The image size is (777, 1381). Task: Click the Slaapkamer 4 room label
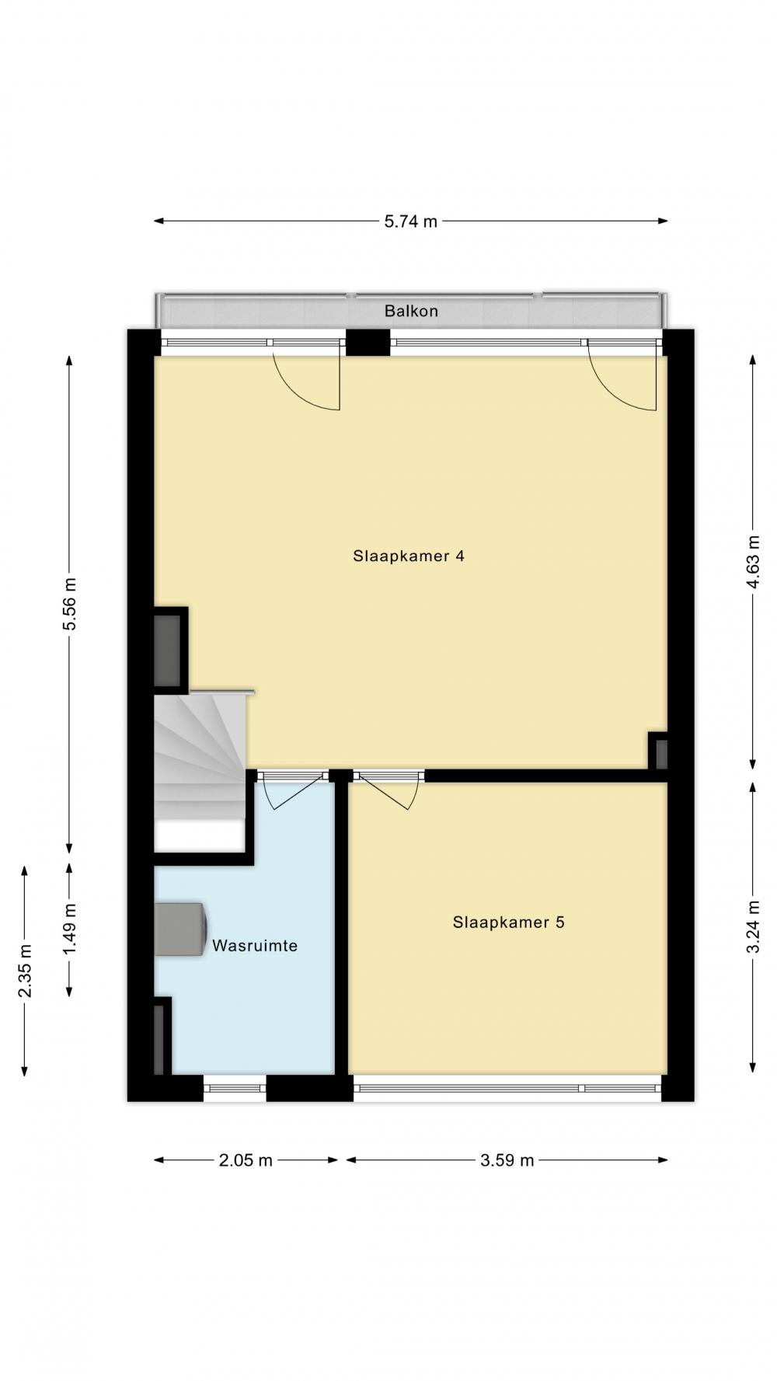click(x=409, y=556)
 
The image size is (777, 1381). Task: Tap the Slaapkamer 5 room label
click(x=508, y=922)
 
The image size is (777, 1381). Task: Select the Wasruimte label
click(x=255, y=946)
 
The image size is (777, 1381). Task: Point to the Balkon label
click(x=411, y=311)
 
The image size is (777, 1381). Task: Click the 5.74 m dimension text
click(x=411, y=221)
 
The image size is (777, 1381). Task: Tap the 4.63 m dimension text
click(x=752, y=562)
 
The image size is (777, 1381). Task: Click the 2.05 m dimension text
click(x=246, y=1160)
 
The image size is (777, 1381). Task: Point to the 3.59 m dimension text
click(x=507, y=1160)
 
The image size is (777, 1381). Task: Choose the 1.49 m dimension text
click(x=70, y=930)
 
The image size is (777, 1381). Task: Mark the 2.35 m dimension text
click(x=25, y=971)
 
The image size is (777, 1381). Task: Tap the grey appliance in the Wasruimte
click(x=180, y=929)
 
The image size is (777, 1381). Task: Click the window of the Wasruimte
click(x=235, y=1088)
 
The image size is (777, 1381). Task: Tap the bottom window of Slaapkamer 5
click(x=508, y=1088)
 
